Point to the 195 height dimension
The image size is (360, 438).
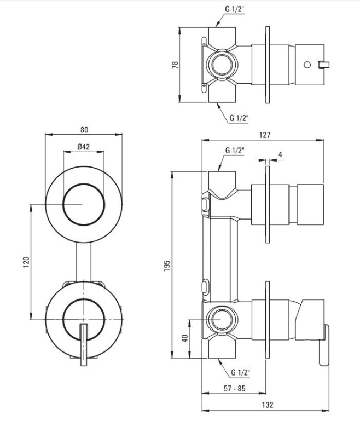[169, 265]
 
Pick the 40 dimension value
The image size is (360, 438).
[185, 338]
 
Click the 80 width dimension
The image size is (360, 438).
[84, 130]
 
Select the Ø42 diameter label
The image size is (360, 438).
[84, 147]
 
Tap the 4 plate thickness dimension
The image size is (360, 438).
[280, 155]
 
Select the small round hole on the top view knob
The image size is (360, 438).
[307, 65]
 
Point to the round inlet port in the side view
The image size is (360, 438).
[222, 319]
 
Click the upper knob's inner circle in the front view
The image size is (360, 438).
[83, 204]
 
